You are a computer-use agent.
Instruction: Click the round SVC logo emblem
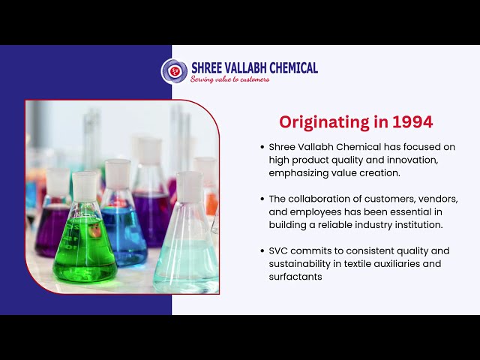[174, 71]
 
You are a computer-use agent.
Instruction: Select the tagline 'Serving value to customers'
[229, 79]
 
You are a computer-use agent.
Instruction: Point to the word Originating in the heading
[324, 122]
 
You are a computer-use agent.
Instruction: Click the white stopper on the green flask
[85, 187]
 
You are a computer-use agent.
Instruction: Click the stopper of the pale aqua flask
[190, 187]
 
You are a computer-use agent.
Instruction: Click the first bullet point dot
[262, 147]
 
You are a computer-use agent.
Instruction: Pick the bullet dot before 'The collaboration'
[262, 199]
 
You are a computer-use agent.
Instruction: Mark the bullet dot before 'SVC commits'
[262, 251]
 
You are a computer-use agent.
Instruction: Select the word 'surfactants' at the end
[295, 277]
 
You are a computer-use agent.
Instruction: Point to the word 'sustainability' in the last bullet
[300, 264]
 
